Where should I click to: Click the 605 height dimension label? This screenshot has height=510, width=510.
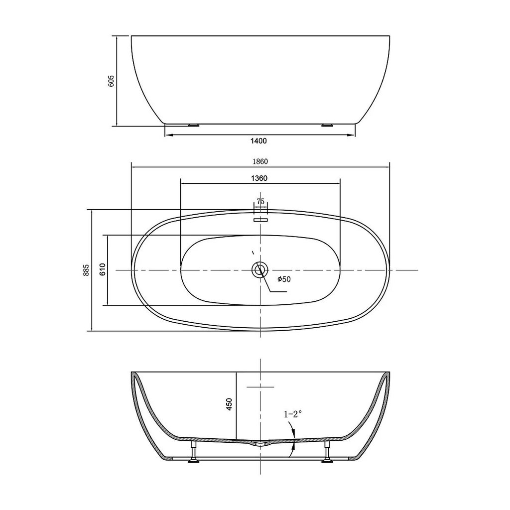pos(111,81)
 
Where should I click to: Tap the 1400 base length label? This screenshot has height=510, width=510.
pos(258,140)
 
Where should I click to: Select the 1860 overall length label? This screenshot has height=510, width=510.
pos(259,161)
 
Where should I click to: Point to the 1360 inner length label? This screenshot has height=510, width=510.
pos(259,178)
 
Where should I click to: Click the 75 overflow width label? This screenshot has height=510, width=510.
pos(260,201)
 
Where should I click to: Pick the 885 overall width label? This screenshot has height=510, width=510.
pos(86,270)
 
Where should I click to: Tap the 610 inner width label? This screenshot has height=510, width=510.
pos(103,269)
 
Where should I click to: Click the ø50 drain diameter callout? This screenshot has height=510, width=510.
pos(283,279)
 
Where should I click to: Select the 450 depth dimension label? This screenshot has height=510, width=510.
pos(229,404)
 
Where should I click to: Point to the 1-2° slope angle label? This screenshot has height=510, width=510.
pos(293,414)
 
